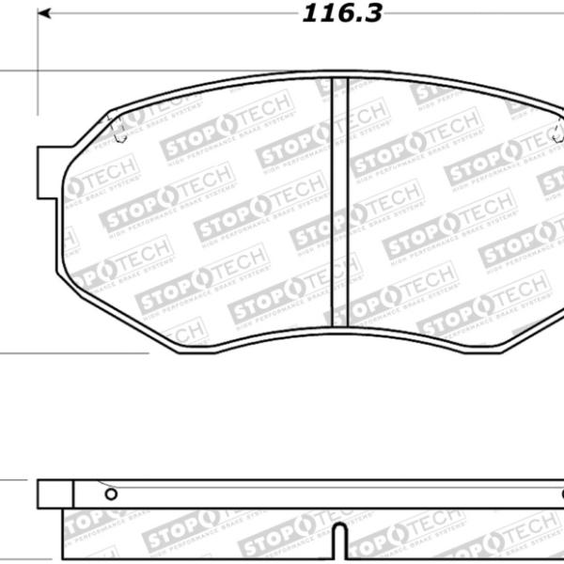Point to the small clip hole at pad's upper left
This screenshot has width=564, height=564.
[117, 134]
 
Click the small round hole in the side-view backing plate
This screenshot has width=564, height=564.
[111, 493]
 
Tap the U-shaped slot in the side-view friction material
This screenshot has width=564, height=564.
[340, 543]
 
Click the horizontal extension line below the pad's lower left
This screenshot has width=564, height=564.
[75, 353]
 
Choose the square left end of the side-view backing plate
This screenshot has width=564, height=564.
[55, 494]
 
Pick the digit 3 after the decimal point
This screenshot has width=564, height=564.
[374, 15]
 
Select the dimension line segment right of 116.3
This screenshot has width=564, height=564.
[470, 15]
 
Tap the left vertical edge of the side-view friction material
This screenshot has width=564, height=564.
[63, 536]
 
